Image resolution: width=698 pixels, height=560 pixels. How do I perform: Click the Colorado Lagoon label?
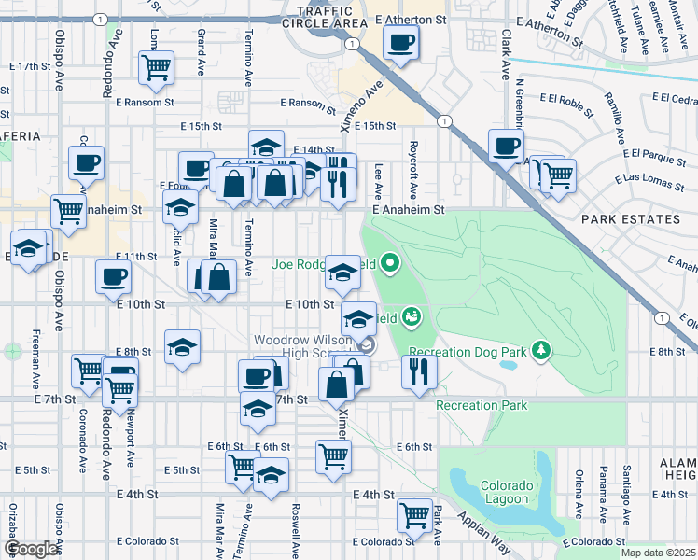pyautogui.click(x=507, y=493)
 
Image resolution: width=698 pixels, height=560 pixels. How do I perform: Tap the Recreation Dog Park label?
pyautogui.click(x=468, y=352)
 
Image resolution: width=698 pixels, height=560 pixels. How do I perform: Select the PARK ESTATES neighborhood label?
pyautogui.click(x=630, y=219)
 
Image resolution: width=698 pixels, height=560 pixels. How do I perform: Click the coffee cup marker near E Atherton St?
pyautogui.click(x=400, y=43)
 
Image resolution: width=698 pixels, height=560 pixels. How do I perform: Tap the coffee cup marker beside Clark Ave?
pyautogui.click(x=506, y=147)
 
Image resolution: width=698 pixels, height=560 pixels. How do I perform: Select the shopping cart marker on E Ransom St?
pyautogui.click(x=156, y=67)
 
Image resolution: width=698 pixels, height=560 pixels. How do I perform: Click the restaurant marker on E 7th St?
pyautogui.click(x=419, y=371)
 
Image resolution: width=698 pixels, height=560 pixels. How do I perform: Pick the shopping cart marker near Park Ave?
pyautogui.click(x=414, y=515)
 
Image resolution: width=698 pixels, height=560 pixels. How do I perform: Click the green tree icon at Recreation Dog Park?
pyautogui.click(x=541, y=351)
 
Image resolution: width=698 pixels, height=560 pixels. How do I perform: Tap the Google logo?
pyautogui.click(x=31, y=549)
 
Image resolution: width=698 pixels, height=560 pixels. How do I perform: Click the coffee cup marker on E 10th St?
pyautogui.click(x=114, y=277)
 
